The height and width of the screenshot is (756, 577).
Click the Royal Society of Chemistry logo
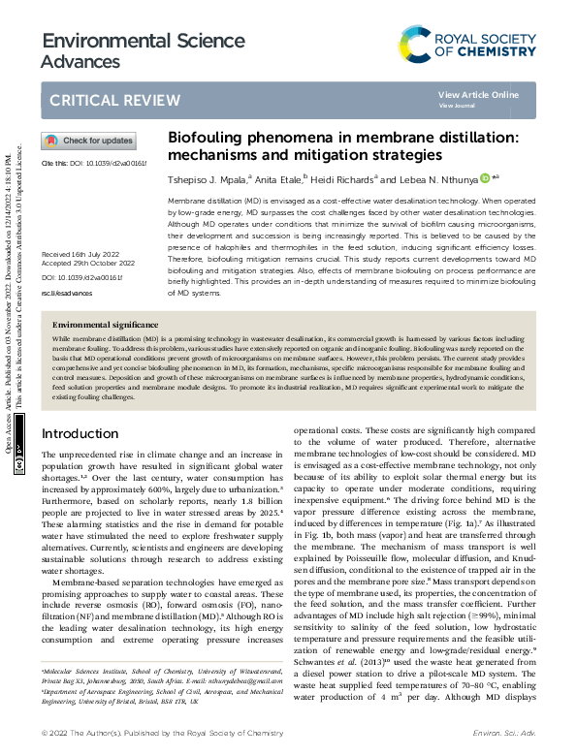click(x=467, y=43)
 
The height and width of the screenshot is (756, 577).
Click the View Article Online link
click(x=478, y=95)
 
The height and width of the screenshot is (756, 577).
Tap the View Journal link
click(x=457, y=106)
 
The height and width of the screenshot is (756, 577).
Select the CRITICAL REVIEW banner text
click(x=101, y=100)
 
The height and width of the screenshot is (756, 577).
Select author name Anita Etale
click(x=277, y=178)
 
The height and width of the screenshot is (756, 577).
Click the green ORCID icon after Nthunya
click(x=484, y=177)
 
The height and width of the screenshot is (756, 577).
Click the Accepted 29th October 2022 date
click(x=87, y=236)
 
